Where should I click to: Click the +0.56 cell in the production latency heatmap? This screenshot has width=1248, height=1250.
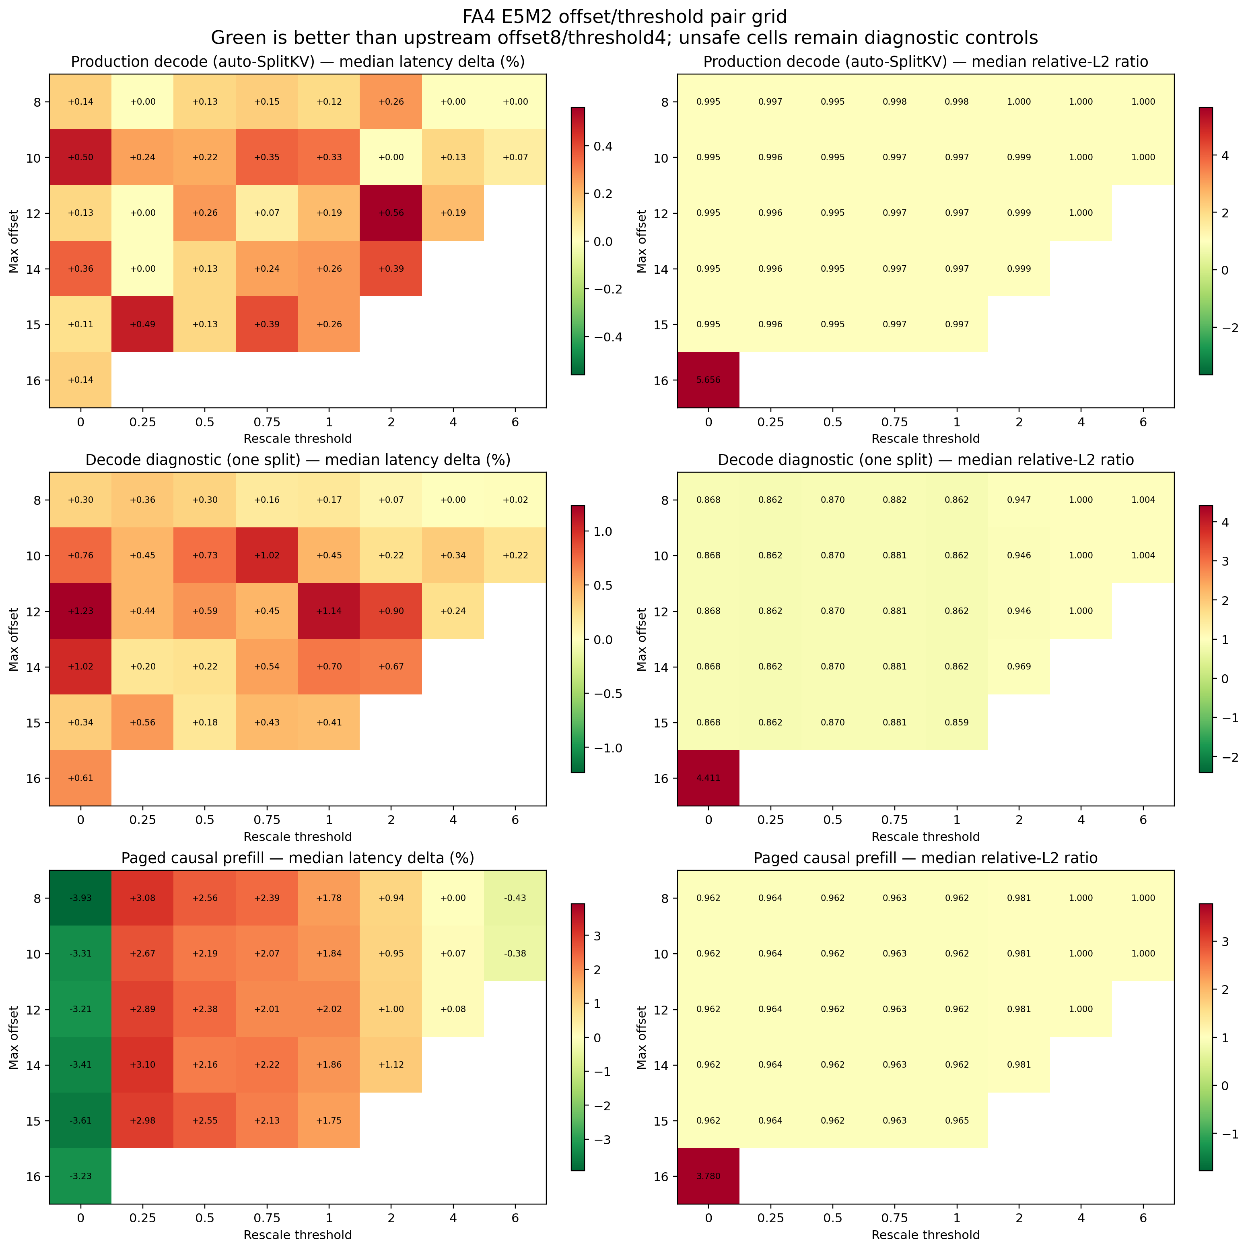[391, 213]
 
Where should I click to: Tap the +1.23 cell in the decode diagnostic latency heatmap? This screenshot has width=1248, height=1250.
[80, 611]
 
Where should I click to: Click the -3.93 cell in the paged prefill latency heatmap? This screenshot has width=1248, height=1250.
[80, 898]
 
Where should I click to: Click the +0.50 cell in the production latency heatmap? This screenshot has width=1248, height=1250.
[80, 157]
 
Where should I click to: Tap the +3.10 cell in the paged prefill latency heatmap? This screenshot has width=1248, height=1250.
[142, 1065]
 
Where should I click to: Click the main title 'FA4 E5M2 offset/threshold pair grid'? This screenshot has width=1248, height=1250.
[624, 16]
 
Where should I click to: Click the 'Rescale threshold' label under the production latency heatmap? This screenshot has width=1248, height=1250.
[297, 439]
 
